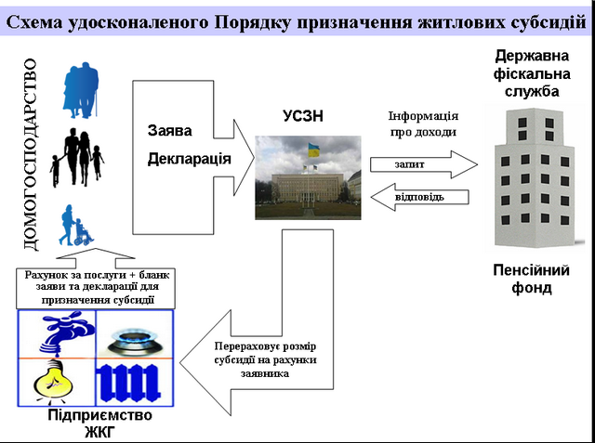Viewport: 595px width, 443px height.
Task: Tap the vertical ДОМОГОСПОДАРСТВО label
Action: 30,154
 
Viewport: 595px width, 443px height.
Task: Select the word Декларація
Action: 189,159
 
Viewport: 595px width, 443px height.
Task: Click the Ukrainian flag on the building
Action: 313,149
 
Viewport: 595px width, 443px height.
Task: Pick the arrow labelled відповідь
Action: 418,197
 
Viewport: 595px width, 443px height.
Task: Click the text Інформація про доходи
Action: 422,124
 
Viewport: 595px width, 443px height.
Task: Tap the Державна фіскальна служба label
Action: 526,73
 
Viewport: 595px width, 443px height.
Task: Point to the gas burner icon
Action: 134,335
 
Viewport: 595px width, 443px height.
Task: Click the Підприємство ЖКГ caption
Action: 99,423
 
